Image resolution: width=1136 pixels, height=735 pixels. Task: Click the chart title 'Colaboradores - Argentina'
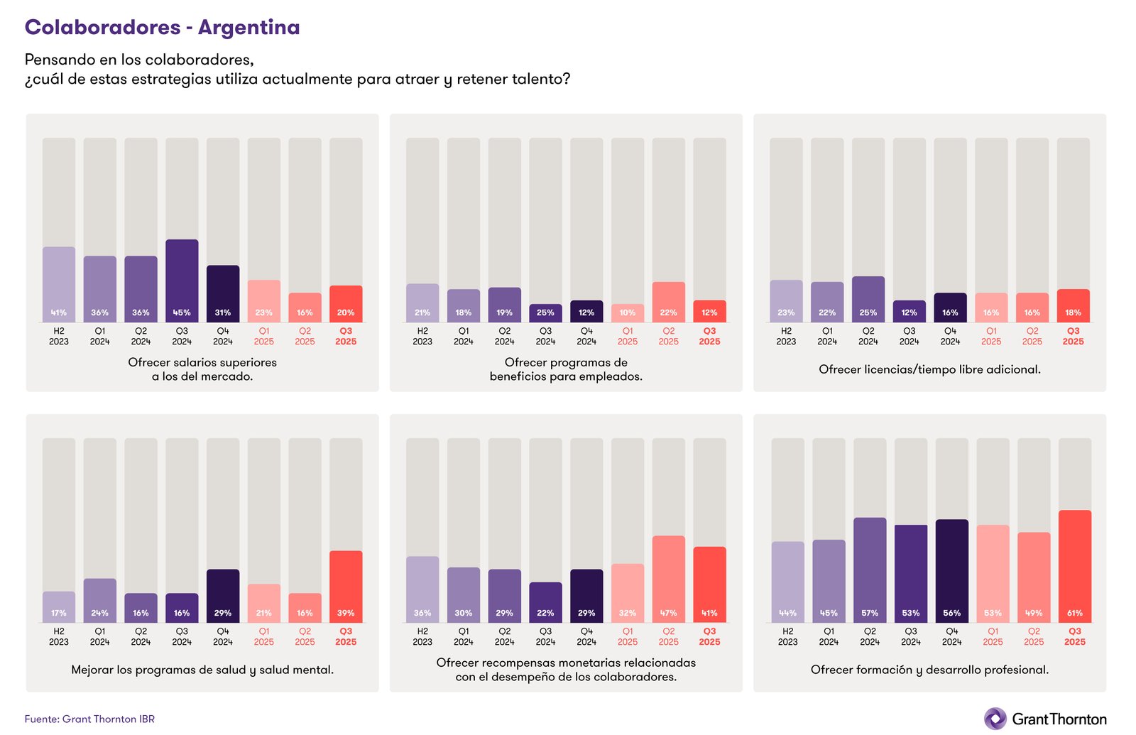(162, 27)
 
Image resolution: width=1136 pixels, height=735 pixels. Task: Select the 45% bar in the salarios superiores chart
(182, 281)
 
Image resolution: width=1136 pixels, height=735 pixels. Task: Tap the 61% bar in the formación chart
(1074, 565)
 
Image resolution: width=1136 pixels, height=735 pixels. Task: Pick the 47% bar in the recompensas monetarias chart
(668, 578)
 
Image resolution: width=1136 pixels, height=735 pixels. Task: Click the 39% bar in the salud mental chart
(346, 586)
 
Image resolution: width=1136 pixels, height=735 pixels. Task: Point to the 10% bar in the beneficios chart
(628, 313)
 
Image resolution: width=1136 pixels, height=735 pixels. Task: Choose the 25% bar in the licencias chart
(868, 299)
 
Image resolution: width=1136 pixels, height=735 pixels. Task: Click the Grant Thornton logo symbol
(995, 719)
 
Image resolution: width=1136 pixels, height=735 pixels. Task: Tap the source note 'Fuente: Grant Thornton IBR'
(89, 719)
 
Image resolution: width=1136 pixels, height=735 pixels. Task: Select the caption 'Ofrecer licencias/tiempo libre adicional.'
(929, 369)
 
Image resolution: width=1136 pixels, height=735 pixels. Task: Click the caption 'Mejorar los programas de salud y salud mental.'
(202, 670)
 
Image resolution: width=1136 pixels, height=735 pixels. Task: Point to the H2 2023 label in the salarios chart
(59, 336)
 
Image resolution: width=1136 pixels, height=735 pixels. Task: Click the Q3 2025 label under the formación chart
(1074, 636)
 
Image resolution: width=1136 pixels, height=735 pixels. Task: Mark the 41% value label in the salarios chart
(59, 312)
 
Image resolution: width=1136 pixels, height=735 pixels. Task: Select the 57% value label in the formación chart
(870, 613)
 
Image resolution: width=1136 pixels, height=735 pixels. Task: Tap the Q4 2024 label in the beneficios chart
(586, 336)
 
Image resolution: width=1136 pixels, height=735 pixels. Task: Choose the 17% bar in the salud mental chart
(59, 606)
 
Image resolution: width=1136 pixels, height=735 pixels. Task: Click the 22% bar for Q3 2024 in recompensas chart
(545, 601)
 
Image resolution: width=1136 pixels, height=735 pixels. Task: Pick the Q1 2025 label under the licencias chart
(991, 336)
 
